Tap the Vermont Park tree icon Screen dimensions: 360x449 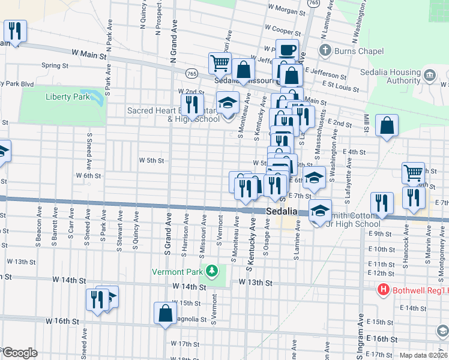[211, 272]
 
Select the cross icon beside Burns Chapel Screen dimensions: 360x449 [325, 51]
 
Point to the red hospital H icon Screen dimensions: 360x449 [384, 290]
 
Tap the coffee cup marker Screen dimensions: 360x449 [287, 50]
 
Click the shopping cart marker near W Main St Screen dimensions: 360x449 [220, 62]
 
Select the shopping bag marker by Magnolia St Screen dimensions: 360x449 [165, 313]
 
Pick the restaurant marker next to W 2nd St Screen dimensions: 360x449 [192, 104]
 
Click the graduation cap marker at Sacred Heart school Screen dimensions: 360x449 [228, 102]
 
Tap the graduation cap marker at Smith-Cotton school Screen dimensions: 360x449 [321, 210]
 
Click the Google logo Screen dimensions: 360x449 [19, 353]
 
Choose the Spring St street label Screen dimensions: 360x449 [55, 65]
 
